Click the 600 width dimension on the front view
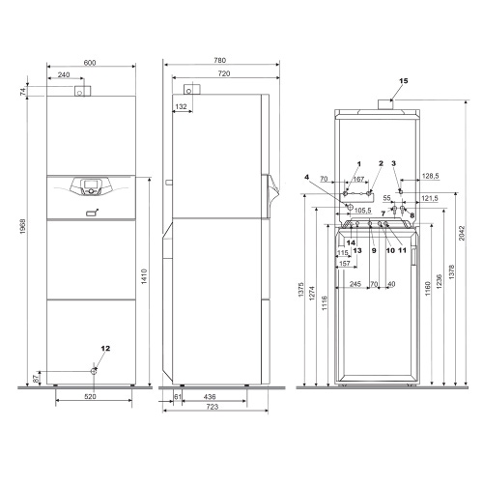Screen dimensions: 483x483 point(90,63)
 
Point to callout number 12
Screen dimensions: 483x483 point(106,347)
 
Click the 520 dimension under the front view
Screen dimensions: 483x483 point(90,398)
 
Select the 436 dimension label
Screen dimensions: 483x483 point(209,398)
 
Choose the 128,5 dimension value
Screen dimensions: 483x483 point(431,177)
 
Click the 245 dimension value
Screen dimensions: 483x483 point(355,284)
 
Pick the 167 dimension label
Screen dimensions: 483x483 point(358,179)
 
